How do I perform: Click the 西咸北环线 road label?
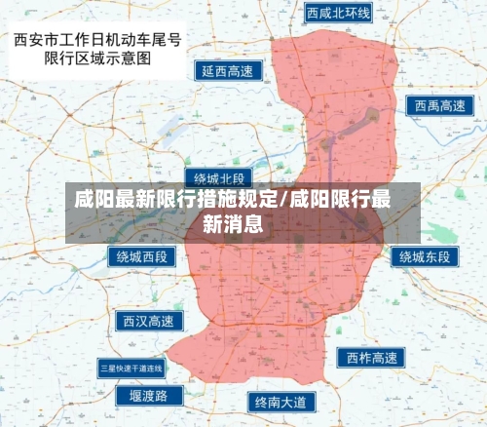338,13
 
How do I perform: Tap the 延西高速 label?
227,71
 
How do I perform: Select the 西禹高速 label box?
437,105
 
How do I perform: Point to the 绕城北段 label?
219,178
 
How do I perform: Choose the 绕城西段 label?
141,257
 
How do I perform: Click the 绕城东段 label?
425,256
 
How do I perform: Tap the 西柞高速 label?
371,358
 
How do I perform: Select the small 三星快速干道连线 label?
131,368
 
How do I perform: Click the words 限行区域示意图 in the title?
98,58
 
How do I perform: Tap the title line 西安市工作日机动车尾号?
98,41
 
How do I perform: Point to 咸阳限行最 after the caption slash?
340,201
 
